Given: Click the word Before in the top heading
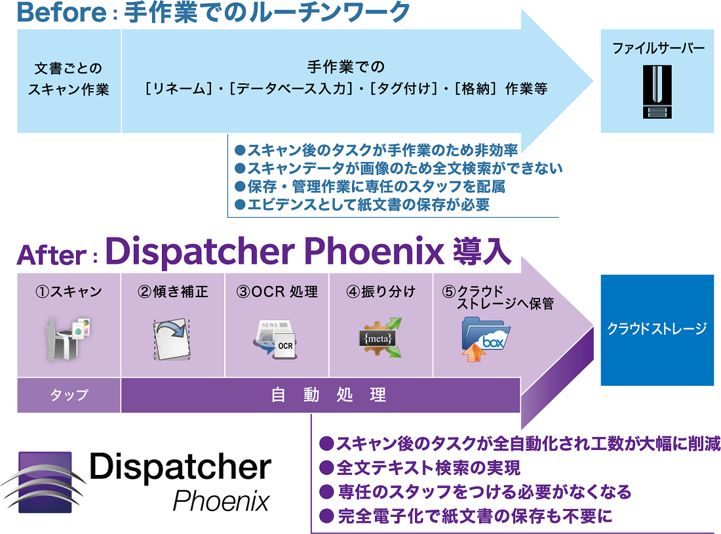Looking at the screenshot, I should (58, 12).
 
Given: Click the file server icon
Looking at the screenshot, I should (657, 91).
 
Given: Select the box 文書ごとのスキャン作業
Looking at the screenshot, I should (68, 79).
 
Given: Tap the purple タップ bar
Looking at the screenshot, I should (69, 395).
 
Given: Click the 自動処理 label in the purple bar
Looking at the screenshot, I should (328, 395).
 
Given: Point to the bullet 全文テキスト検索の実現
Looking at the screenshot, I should (419, 468).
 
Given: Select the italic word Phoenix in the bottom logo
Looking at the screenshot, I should (222, 501).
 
